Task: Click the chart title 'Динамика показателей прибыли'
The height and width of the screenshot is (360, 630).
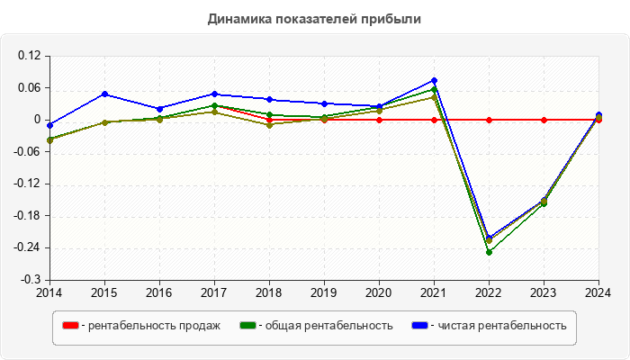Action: pos(314,18)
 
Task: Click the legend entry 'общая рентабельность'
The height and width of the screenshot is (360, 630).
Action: pos(325,326)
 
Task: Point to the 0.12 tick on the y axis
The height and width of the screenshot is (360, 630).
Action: pos(30,56)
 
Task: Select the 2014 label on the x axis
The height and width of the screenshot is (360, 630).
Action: pos(49,292)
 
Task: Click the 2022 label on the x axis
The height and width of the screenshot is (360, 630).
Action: pos(489,292)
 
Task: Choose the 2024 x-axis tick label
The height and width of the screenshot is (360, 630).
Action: pos(598,292)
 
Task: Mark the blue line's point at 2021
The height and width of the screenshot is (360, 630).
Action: pos(434,81)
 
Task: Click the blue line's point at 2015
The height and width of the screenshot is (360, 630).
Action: pos(104,94)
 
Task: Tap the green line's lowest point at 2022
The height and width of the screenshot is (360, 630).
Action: pos(489,252)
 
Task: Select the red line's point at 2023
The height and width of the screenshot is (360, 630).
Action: pos(544,120)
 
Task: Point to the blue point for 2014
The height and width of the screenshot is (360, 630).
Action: pos(49,125)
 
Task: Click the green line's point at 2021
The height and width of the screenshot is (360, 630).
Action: pos(434,89)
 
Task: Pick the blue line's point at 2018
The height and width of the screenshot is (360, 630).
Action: pos(269,99)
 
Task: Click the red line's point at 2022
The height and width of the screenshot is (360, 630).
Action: pos(489,120)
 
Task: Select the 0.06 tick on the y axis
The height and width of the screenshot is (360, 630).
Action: pos(30,87)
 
